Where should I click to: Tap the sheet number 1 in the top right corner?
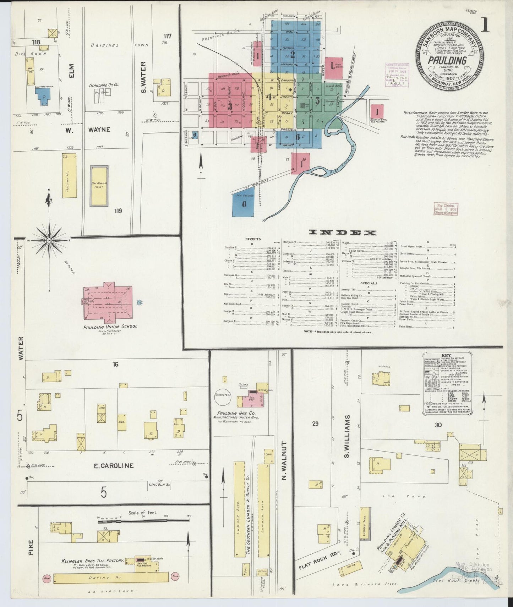[x=485, y=27]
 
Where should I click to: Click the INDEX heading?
[x=343, y=233]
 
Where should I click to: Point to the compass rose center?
[x=49, y=241]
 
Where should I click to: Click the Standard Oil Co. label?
[x=104, y=85]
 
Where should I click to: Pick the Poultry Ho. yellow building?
[x=70, y=176]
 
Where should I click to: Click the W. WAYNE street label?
[x=89, y=130]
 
